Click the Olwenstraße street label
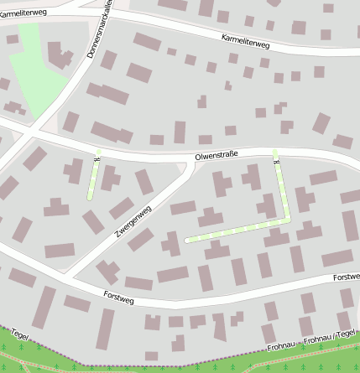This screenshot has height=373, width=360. [x=217, y=156]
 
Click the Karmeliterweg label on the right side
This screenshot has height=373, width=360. [x=246, y=39]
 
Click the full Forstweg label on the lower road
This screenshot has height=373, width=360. [x=119, y=296]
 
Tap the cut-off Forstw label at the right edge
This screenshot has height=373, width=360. [x=346, y=277]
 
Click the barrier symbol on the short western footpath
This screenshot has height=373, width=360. [x=98, y=157]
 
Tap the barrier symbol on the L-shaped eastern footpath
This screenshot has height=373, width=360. [x=274, y=153]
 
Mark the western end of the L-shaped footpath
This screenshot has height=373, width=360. [x=186, y=240]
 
